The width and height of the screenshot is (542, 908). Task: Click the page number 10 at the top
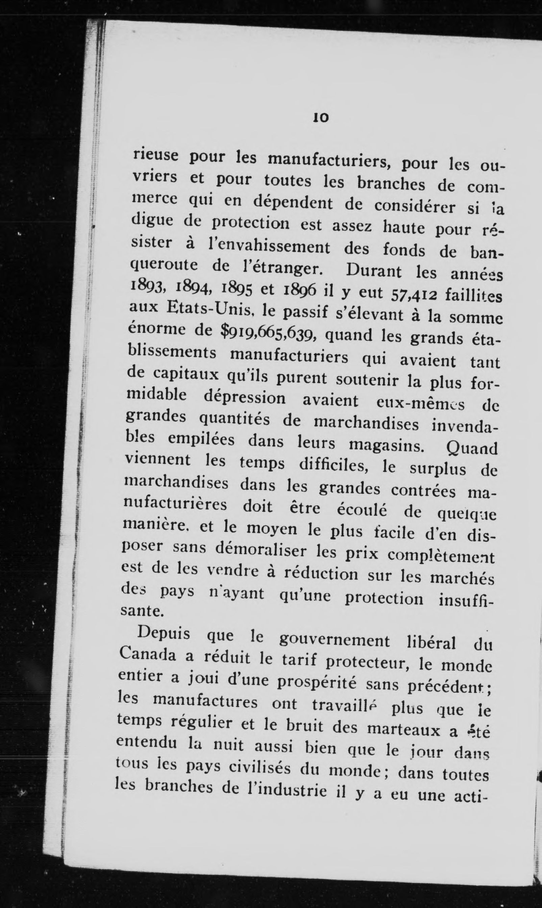[321, 118]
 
